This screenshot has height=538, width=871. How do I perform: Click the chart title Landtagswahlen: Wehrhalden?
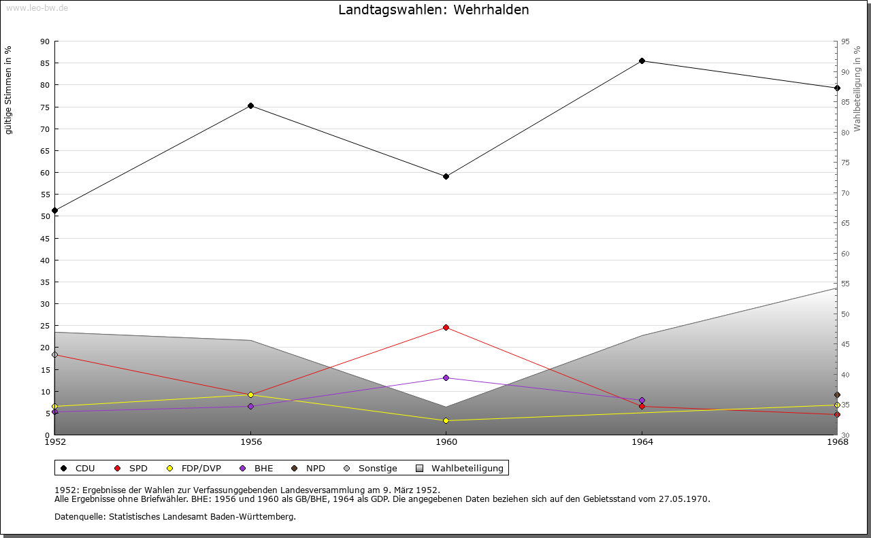pyautogui.click(x=433, y=10)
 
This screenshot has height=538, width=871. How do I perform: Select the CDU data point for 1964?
pyautogui.click(x=642, y=61)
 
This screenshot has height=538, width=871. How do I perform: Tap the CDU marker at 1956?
pyautogui.click(x=250, y=105)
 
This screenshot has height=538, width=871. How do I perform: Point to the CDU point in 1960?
pyautogui.click(x=446, y=176)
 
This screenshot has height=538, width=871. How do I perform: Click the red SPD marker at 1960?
pyautogui.click(x=446, y=327)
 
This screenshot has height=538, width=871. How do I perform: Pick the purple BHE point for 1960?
pyautogui.click(x=446, y=377)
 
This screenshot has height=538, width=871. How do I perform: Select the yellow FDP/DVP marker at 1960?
pyautogui.click(x=446, y=420)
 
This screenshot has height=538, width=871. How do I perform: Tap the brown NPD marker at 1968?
pyautogui.click(x=837, y=395)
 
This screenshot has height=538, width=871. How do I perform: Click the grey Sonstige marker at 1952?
pyautogui.click(x=54, y=354)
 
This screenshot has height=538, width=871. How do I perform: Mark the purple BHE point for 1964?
pyautogui.click(x=642, y=401)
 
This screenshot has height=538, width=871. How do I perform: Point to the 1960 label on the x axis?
pyautogui.click(x=446, y=441)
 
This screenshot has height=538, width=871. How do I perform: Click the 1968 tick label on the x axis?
pyautogui.click(x=837, y=441)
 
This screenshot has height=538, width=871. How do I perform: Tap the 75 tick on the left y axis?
pyautogui.click(x=45, y=107)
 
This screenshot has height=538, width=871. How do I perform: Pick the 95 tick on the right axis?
pyautogui.click(x=844, y=41)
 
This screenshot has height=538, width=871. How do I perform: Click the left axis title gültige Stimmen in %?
pyautogui.click(x=9, y=90)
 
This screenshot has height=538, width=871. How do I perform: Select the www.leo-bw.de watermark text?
pyautogui.click(x=36, y=7)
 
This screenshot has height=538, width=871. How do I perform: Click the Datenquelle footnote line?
pyautogui.click(x=175, y=517)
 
